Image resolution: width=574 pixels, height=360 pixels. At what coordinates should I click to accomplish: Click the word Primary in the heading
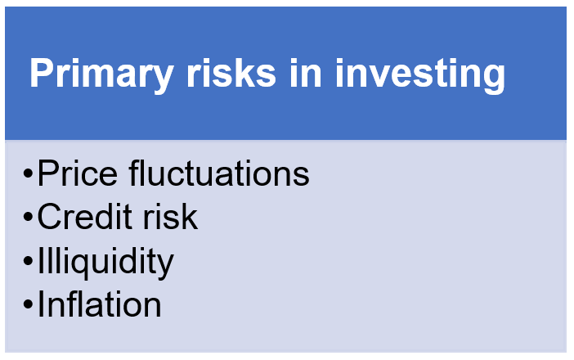(x=101, y=75)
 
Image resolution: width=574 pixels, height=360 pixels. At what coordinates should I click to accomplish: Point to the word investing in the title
(x=420, y=75)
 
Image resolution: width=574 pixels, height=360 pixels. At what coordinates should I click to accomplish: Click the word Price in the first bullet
(x=77, y=173)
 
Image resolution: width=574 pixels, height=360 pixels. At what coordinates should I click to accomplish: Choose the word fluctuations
(x=219, y=173)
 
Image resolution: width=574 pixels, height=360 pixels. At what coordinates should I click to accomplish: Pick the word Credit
(x=84, y=216)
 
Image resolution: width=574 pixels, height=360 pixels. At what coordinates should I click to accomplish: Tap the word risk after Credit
(x=170, y=216)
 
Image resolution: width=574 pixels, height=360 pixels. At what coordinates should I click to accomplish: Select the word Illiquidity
(x=105, y=262)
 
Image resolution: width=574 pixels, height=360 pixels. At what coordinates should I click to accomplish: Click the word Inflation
(x=99, y=304)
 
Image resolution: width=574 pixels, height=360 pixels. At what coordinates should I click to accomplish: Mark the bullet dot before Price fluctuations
(x=28, y=173)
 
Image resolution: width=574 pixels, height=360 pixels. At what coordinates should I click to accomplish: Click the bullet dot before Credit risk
(x=28, y=217)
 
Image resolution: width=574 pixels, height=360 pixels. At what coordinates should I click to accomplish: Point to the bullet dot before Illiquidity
(x=28, y=260)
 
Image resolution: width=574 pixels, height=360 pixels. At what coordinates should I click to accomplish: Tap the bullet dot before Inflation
(x=28, y=304)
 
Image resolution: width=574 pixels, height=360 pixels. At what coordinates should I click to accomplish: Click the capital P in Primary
(x=42, y=73)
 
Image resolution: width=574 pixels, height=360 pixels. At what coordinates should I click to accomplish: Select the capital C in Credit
(x=51, y=217)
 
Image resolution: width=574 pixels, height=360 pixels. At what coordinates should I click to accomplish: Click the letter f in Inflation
(x=74, y=304)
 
